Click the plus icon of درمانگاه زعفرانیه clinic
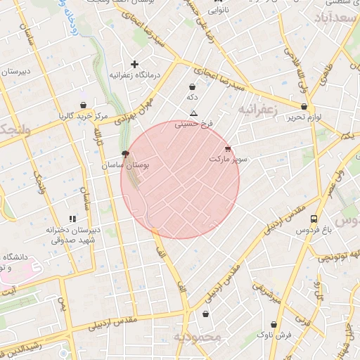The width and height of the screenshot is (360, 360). tap(134, 64)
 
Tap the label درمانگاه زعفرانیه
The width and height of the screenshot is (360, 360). tap(135, 75)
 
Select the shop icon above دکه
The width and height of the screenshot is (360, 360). tap(192, 86)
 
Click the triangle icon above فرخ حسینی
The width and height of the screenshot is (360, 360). tap(194, 113)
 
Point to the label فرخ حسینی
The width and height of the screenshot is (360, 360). tap(193, 123)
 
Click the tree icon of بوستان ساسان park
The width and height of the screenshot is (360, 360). tap(126, 153)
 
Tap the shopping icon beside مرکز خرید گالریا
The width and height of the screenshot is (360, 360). tap(83, 105)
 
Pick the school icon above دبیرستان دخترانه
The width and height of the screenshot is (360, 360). tap(72, 219)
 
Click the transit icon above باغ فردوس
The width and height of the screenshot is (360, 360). tap(314, 219)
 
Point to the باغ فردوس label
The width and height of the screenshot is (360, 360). tap(314, 230)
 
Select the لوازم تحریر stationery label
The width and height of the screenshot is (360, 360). tap(303, 117)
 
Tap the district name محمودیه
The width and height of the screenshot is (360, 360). tap(198, 337)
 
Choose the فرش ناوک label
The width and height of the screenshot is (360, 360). tap(274, 336)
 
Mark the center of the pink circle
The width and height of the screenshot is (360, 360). tap(180, 179)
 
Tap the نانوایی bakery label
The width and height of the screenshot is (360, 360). tap(217, 11)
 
